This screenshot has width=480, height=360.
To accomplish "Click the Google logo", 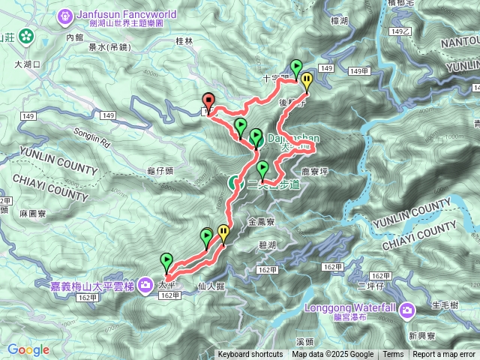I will tap(28, 349).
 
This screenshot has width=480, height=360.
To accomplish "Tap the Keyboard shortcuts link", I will tap(250, 355).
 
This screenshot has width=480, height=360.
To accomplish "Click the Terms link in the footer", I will tap(393, 355).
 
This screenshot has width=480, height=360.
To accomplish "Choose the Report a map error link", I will tap(444, 355).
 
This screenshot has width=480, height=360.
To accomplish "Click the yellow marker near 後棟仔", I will tap(306, 80).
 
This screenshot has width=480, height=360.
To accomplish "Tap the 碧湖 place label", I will tap(266, 246).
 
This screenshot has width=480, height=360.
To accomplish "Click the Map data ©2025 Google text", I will tap(332, 355).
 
